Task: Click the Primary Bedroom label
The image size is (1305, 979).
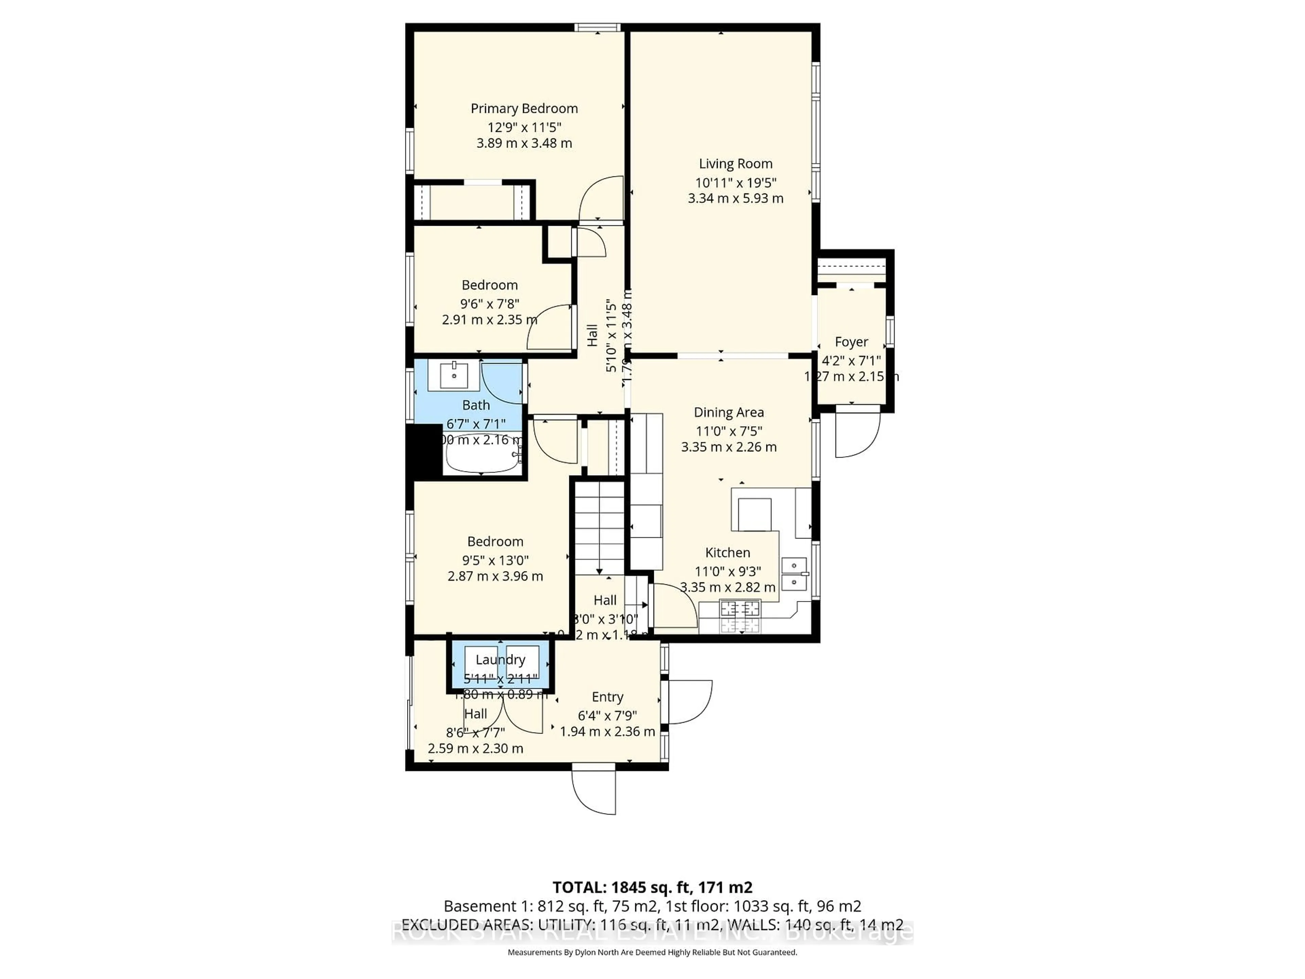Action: tap(524, 108)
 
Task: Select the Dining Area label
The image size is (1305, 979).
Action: tap(729, 412)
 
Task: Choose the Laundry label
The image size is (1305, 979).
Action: tap(500, 660)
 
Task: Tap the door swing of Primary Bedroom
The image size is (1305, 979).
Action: tap(602, 200)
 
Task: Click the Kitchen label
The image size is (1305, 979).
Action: tap(727, 553)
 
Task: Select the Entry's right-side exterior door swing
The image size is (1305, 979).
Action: tap(689, 702)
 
